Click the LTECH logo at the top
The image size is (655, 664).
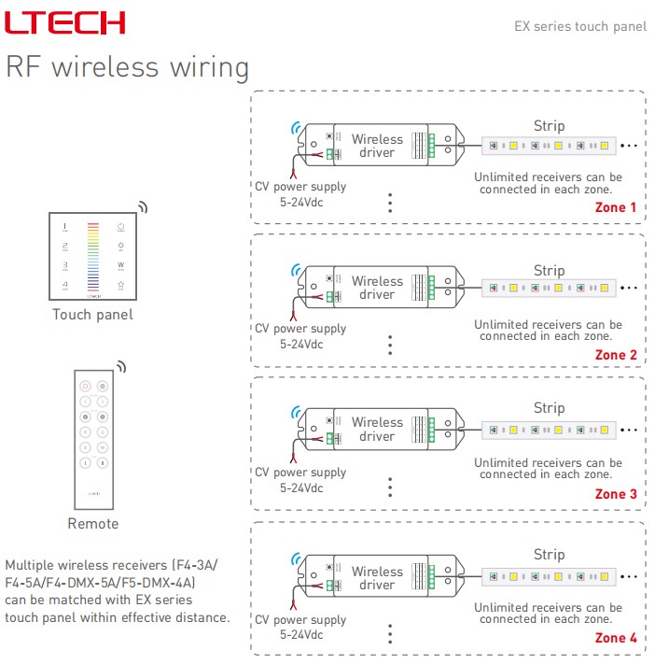pyautogui.click(x=65, y=23)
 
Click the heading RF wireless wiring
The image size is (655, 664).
pyautogui.click(x=128, y=67)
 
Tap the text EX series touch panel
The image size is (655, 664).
pyautogui.click(x=580, y=26)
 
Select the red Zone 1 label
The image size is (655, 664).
pyautogui.click(x=616, y=207)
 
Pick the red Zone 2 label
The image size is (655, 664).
pyautogui.click(x=616, y=355)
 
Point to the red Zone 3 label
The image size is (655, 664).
pyautogui.click(x=616, y=494)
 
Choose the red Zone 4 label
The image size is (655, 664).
pyautogui.click(x=616, y=638)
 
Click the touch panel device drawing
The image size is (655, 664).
pyautogui.click(x=92, y=256)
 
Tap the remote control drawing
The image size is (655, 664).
pyautogui.click(x=92, y=438)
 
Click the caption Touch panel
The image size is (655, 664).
pyautogui.click(x=92, y=315)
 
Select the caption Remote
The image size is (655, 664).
pyautogui.click(x=92, y=524)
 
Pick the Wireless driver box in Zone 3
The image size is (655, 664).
pyautogui.click(x=378, y=430)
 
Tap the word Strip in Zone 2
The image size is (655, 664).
pyautogui.click(x=549, y=271)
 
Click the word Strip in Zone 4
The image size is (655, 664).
pyautogui.click(x=549, y=555)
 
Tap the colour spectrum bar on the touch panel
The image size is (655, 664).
pyautogui.click(x=92, y=256)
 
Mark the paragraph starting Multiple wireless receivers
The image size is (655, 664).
pyautogui.click(x=117, y=591)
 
